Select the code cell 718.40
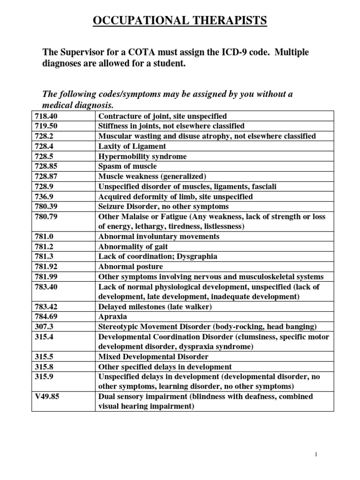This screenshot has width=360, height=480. coord(45,116)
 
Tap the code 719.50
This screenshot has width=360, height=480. coord(45,126)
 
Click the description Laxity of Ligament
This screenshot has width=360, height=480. coord(131,146)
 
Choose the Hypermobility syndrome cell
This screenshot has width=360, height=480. coord(142,156)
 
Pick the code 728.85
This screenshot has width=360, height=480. coord(45,166)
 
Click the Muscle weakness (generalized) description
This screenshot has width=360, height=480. coord(152,176)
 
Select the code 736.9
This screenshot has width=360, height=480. coord(44,196)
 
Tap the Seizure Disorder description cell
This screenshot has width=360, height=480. coord(163,207)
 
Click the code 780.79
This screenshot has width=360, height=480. coord(45,217)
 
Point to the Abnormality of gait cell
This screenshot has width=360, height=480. coord(133,247)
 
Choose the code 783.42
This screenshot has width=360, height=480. coord(45,307)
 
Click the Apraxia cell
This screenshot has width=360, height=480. coord(112,317)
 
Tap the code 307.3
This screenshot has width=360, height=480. coord(44,327)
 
